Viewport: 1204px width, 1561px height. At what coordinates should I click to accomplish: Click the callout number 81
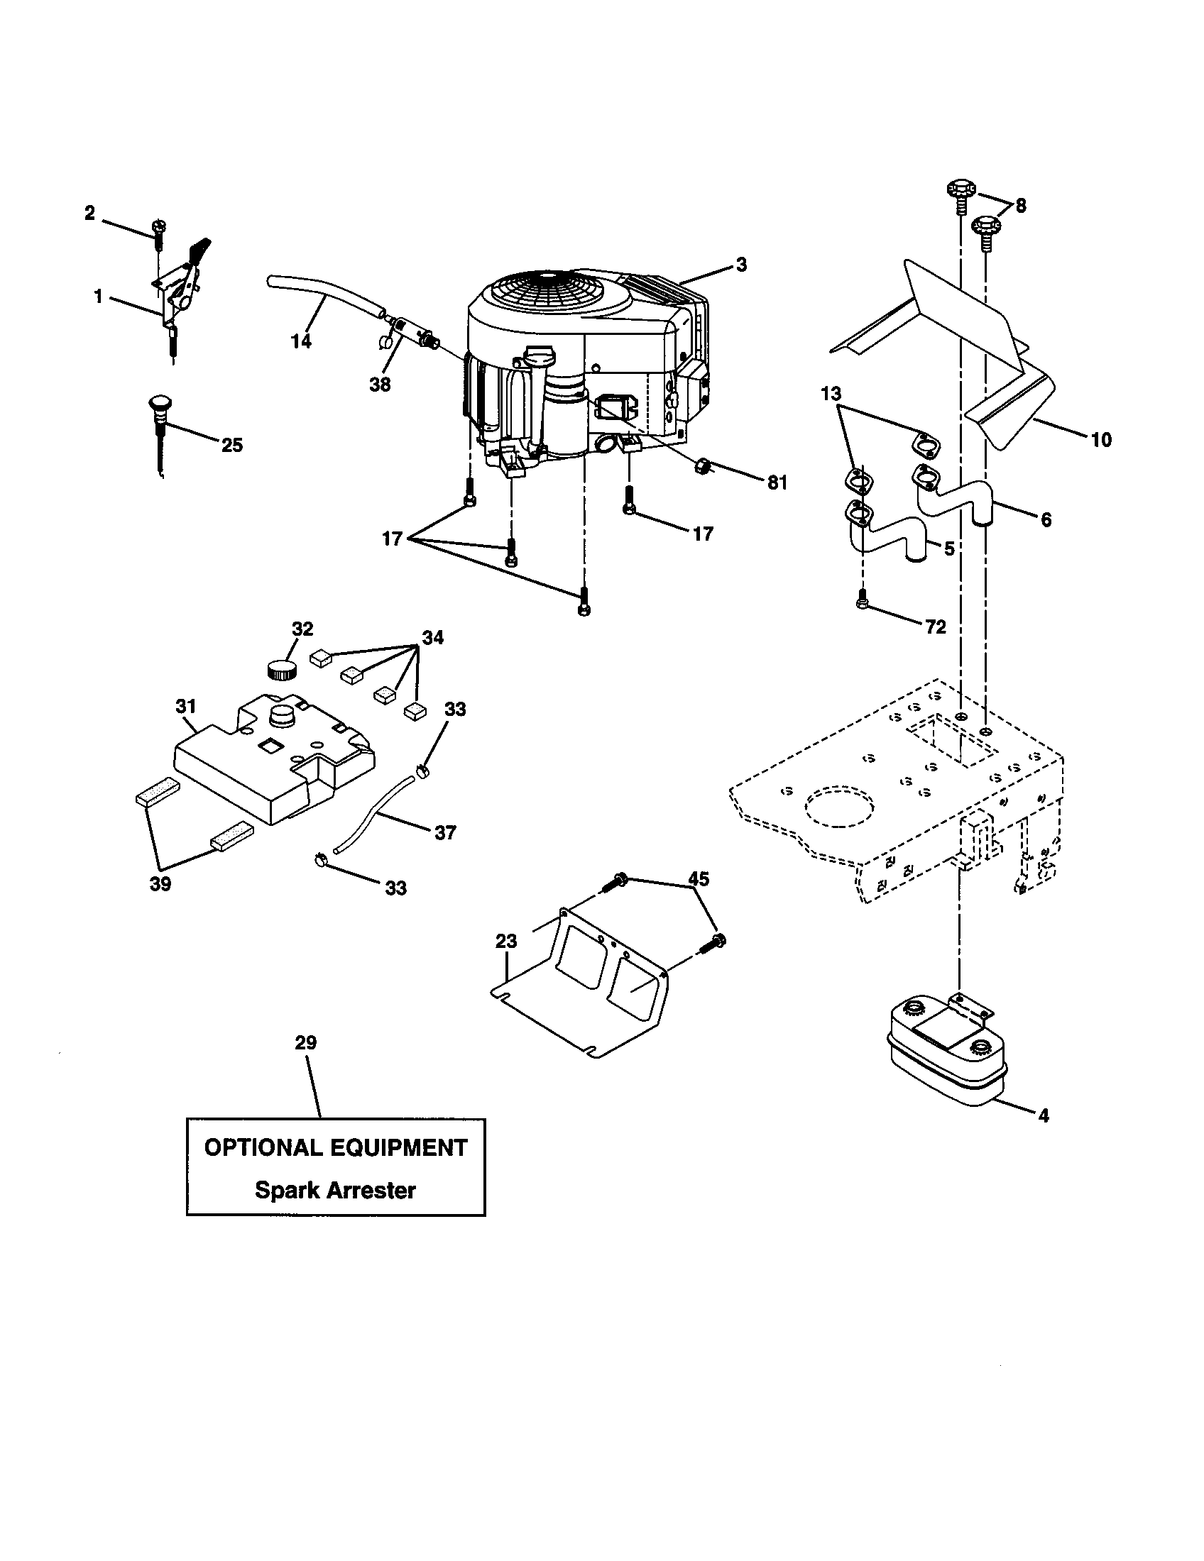[777, 483]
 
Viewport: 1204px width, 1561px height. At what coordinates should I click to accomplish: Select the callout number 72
[935, 627]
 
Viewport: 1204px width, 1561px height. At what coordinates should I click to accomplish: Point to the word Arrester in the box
[371, 1191]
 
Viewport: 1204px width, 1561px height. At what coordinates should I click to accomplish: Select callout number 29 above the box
[306, 1043]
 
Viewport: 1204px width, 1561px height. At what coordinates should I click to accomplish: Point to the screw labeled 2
[158, 233]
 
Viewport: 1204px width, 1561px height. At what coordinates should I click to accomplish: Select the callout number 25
[231, 446]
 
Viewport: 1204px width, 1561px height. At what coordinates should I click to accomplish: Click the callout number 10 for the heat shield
[1101, 440]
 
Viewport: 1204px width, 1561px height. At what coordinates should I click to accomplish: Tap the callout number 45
[699, 878]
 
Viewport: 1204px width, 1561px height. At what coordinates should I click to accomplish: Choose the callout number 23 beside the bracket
[505, 942]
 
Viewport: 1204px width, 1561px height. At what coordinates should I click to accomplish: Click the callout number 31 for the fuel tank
[185, 706]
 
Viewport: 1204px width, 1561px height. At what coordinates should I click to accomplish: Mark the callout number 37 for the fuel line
[444, 833]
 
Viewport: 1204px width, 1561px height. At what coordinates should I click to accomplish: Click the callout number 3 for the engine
[741, 265]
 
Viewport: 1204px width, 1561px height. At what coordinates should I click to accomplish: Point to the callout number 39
[160, 884]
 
